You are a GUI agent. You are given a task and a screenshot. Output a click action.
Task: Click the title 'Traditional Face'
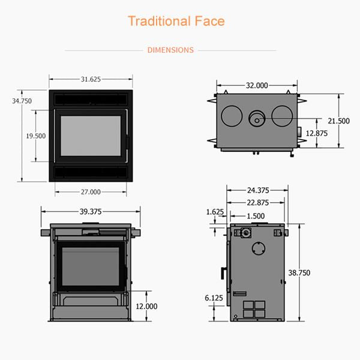[176, 22]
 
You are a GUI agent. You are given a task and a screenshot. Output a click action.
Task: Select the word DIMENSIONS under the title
[170, 50]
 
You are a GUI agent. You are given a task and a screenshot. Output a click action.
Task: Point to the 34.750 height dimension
[22, 101]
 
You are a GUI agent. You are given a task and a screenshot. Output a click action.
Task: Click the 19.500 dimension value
[35, 136]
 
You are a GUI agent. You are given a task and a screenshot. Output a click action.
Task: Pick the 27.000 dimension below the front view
[91, 192]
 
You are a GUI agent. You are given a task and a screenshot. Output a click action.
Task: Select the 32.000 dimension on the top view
[256, 86]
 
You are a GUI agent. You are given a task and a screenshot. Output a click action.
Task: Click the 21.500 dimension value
[339, 121]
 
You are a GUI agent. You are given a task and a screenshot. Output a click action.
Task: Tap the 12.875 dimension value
[316, 133]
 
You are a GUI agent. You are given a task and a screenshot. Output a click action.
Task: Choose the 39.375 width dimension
[91, 211]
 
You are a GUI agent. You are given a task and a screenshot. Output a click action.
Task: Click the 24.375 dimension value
[257, 190]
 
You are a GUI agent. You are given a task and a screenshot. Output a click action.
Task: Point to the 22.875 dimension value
[257, 203]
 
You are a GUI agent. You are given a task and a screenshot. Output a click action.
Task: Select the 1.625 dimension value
[215, 212]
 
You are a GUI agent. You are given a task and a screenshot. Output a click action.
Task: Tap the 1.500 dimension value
[255, 216]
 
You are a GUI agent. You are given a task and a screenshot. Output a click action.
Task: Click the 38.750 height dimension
[316, 272]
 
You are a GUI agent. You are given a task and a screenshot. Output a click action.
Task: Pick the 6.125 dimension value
[214, 298]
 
